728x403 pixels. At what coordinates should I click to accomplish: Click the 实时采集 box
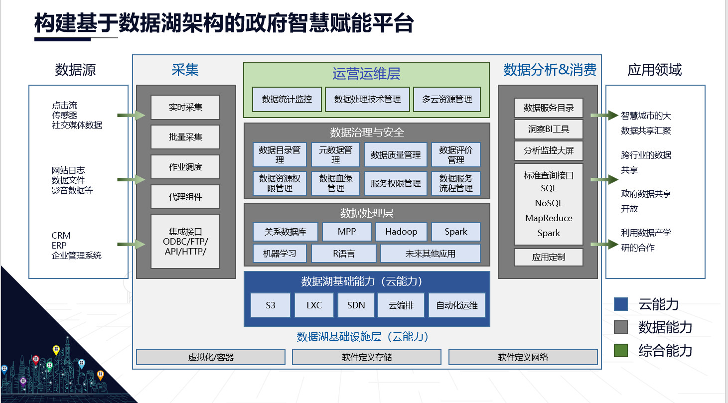[185, 107]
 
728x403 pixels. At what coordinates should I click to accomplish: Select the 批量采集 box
[185, 137]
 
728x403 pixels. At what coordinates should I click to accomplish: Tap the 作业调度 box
[185, 167]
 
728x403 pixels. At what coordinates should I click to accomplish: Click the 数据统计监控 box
[287, 99]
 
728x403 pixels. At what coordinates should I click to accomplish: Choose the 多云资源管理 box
[447, 99]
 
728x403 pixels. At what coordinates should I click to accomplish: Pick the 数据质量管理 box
[396, 155]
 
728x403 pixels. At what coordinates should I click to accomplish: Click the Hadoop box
[402, 232]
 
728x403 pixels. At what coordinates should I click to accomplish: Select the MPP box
[347, 232]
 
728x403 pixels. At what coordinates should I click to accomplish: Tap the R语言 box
[344, 254]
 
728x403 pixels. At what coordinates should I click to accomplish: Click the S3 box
[271, 305]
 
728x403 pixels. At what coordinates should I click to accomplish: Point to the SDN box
[356, 305]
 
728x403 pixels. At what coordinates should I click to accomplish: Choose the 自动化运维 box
[457, 305]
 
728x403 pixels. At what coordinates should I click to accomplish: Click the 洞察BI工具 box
[549, 130]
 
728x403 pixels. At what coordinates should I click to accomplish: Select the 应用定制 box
[549, 258]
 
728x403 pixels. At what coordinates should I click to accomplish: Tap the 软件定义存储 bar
[367, 357]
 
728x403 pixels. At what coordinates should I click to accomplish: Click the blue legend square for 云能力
[621, 304]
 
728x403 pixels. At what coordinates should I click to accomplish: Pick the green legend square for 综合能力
[621, 350]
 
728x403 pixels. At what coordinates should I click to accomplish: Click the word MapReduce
[549, 218]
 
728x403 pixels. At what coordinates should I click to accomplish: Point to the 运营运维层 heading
[366, 74]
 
